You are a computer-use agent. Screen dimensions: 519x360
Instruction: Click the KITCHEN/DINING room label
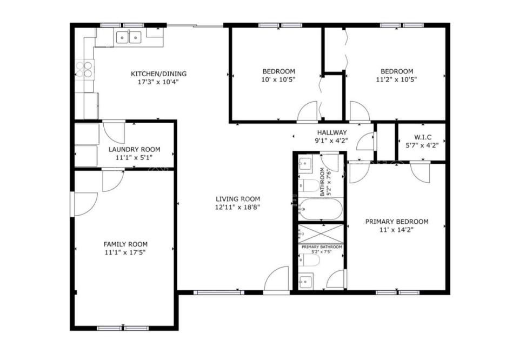click(x=158, y=74)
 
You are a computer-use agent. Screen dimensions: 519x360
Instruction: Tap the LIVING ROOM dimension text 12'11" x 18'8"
click(x=238, y=208)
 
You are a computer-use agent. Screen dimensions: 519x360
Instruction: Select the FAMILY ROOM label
click(x=125, y=244)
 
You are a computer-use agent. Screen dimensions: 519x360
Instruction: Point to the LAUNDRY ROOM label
click(x=135, y=150)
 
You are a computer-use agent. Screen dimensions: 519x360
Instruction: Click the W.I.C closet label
click(x=423, y=137)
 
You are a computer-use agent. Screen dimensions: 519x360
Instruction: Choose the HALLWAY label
click(x=332, y=132)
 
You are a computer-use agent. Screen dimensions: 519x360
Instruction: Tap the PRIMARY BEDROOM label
click(x=396, y=222)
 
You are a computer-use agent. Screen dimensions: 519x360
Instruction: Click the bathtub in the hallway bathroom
click(x=320, y=209)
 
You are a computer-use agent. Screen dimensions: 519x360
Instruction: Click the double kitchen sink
click(x=129, y=37)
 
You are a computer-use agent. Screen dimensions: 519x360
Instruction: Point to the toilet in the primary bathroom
click(x=309, y=260)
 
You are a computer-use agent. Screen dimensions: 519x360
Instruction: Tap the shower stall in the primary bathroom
click(x=321, y=234)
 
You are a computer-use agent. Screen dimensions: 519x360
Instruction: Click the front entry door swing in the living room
click(x=277, y=280)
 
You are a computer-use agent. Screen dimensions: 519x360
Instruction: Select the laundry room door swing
click(x=114, y=133)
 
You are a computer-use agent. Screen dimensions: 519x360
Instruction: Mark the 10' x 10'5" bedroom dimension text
click(x=279, y=79)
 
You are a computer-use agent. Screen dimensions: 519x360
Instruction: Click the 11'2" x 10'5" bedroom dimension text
click(x=396, y=79)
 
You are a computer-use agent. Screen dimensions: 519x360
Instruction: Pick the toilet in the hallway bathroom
click(x=309, y=185)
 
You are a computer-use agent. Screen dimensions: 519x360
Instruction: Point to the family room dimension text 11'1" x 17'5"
click(x=125, y=253)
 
